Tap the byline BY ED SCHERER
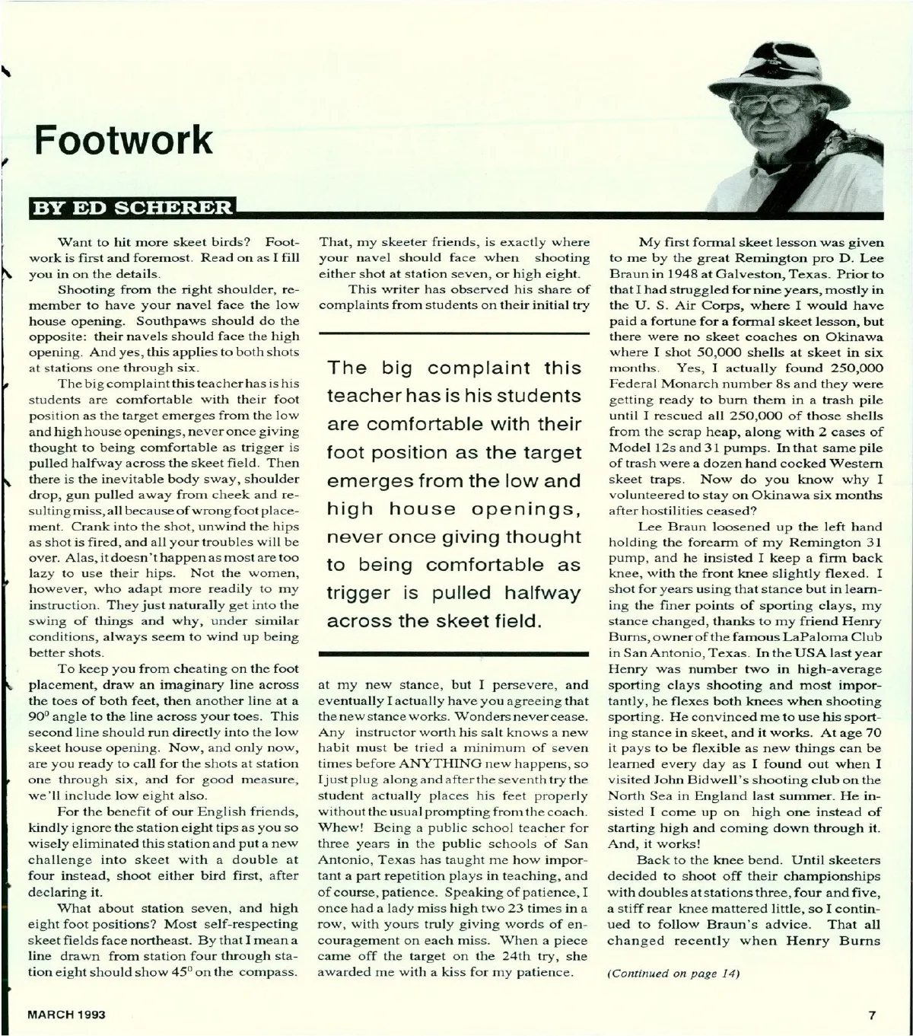pyautogui.click(x=130, y=207)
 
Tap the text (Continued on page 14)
pyautogui.click(x=674, y=974)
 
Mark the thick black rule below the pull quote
pyautogui.click(x=454, y=653)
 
